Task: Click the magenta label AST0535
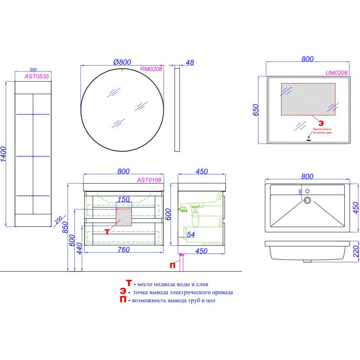tap(37, 77)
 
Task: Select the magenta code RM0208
tap(151, 69)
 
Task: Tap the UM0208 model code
tap(337, 72)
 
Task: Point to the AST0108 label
tap(149, 180)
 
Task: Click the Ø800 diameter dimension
tap(122, 62)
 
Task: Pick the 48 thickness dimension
tap(189, 63)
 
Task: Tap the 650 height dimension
tap(255, 110)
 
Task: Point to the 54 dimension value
tap(190, 234)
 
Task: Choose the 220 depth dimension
tap(356, 251)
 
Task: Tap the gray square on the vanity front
tap(124, 217)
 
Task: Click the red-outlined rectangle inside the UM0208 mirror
tap(308, 99)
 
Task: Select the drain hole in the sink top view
tap(308, 200)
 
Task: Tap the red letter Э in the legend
tap(122, 292)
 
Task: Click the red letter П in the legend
tap(122, 300)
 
